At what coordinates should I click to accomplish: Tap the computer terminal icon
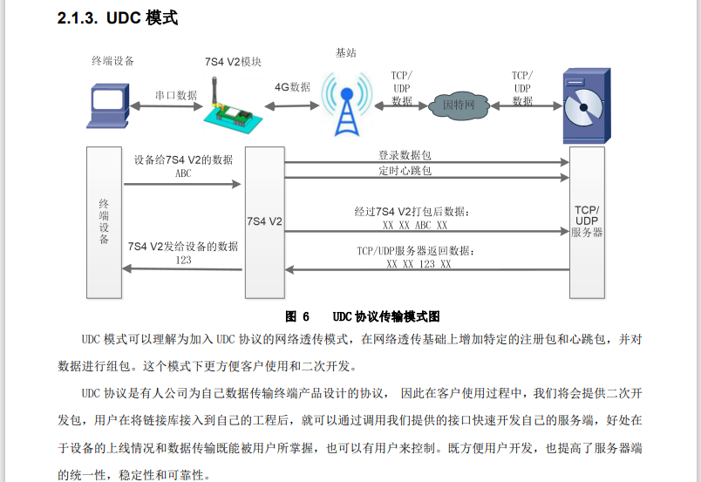click(109, 105)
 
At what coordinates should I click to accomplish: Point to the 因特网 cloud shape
click(458, 105)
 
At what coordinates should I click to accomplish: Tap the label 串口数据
click(175, 94)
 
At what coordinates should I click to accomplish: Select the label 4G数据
click(292, 87)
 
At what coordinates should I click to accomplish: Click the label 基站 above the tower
click(346, 52)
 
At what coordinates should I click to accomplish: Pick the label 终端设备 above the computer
click(113, 61)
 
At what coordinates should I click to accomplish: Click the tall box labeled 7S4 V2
click(264, 222)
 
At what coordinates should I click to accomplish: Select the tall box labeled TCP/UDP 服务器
click(586, 222)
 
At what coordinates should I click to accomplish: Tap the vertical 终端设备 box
click(104, 222)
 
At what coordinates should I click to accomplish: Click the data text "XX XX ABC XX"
click(415, 225)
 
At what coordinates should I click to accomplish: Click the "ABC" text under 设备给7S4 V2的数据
click(183, 173)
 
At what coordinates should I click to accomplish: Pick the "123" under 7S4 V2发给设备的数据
click(183, 260)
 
